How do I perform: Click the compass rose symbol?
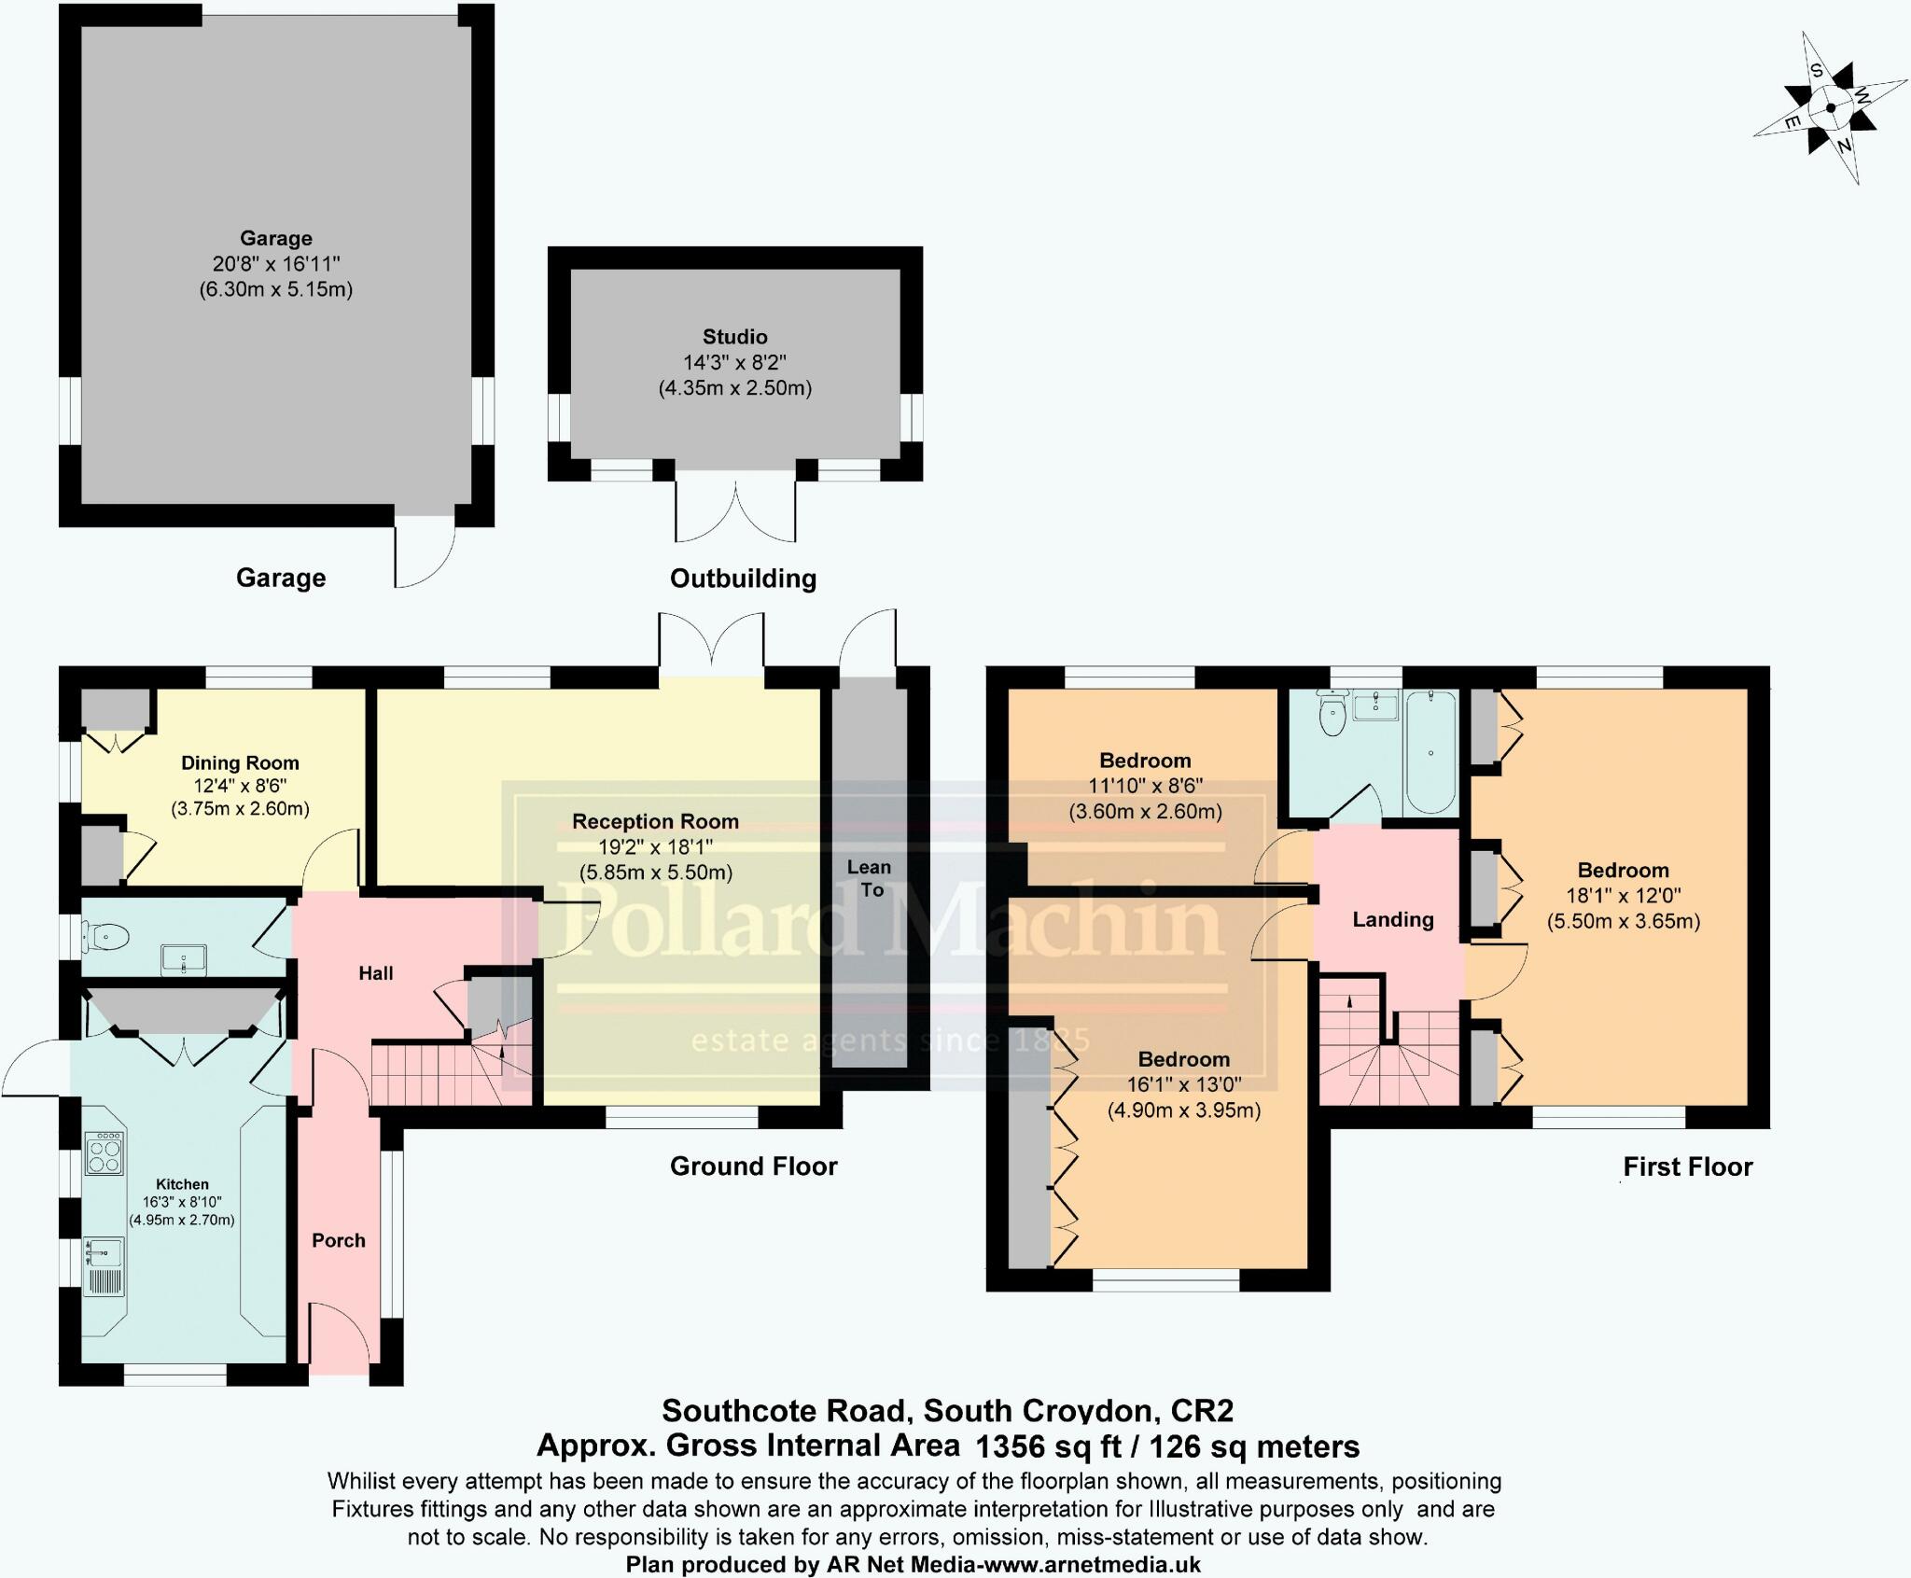click(1831, 108)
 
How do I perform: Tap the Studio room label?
click(735, 337)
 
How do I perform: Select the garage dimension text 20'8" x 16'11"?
click(276, 264)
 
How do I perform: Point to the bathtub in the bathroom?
click(1430, 752)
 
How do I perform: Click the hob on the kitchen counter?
click(105, 1152)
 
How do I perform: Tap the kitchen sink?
click(105, 1265)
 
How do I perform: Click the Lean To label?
click(870, 878)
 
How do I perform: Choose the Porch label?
click(339, 1240)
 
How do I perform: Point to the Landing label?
click(1393, 919)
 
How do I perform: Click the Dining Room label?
click(240, 763)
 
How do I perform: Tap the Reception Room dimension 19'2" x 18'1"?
click(655, 847)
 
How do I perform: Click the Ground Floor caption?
click(754, 1166)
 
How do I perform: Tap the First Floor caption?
click(1688, 1166)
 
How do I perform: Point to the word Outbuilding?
click(743, 579)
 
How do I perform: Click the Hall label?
click(376, 973)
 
